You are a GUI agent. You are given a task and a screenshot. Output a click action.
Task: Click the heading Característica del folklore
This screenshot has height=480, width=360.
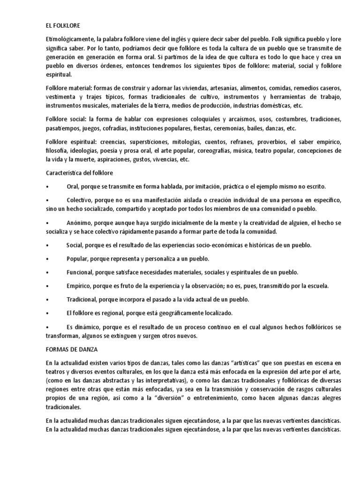79,173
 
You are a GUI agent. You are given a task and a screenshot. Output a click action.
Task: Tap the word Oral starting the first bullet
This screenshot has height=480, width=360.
74,187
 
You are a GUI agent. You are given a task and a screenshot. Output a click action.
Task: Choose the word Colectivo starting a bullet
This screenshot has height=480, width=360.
81,200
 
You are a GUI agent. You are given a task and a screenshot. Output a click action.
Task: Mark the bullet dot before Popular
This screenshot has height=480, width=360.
47,259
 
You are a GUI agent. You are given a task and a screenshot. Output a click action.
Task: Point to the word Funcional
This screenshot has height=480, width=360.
81,272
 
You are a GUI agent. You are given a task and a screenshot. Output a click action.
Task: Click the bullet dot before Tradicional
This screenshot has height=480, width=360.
47,299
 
